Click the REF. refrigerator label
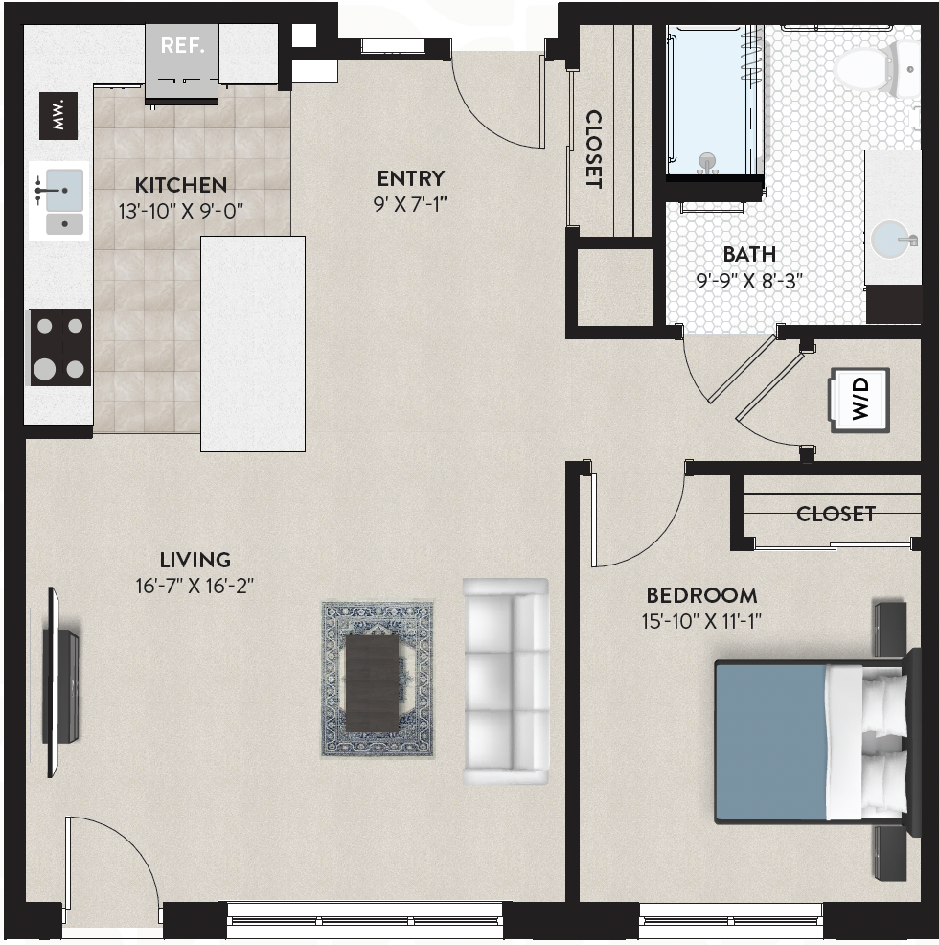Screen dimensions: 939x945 (183, 45)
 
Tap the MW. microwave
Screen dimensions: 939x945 (58, 116)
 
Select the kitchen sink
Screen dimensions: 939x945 (59, 200)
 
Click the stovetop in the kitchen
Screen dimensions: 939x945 (60, 347)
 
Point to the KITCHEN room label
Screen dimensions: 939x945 (181, 185)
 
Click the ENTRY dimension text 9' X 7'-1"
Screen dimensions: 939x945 (410, 205)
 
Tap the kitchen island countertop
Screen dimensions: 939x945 (253, 343)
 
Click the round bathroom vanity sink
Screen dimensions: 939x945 (893, 240)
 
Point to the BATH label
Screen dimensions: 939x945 (749, 254)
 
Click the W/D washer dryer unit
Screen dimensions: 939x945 (860, 401)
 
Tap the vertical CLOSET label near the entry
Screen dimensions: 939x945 (594, 149)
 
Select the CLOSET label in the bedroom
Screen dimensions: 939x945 (836, 514)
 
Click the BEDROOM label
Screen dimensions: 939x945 (701, 595)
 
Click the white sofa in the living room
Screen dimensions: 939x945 (506, 681)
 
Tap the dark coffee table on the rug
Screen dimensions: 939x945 (373, 684)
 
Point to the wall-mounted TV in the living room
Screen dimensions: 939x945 (59, 682)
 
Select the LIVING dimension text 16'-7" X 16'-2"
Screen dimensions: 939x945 (195, 586)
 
